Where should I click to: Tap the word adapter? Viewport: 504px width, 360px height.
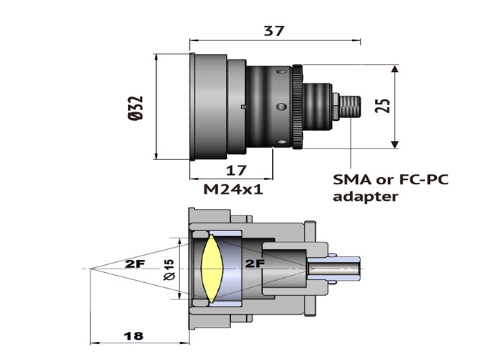tap(365, 196)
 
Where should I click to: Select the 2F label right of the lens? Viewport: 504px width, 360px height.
tap(255, 263)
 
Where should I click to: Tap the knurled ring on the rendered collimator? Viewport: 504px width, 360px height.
tap(297, 107)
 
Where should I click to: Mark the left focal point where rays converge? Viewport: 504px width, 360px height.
tap(89, 269)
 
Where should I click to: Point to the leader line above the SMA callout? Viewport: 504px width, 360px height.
tap(351, 144)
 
